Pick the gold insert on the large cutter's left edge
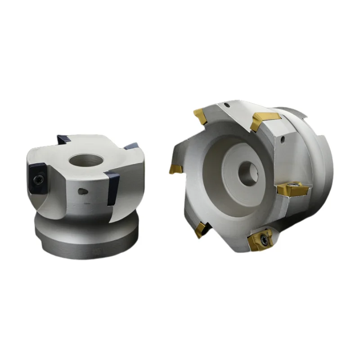(175, 168)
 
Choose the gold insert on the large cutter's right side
(292, 189)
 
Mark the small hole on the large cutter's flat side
(283, 140)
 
